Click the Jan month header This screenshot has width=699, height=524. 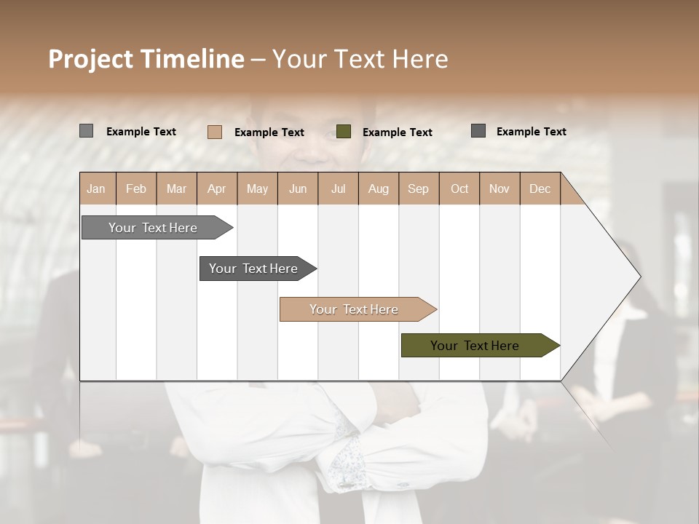[97, 188]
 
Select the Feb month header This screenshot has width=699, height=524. [136, 188]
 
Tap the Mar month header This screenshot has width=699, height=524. [176, 188]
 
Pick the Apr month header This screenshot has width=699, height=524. [217, 188]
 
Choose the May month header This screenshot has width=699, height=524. [257, 188]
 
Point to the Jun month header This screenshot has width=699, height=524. [298, 188]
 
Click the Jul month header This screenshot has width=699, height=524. [338, 188]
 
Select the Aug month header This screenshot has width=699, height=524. [379, 188]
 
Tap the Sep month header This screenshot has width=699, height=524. [419, 188]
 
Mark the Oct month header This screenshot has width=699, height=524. [459, 188]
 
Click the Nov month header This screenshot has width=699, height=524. [499, 188]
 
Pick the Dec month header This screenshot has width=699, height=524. [540, 188]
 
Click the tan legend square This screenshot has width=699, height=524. [215, 132]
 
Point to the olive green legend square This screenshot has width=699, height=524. [344, 132]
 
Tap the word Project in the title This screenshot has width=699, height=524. [90, 59]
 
